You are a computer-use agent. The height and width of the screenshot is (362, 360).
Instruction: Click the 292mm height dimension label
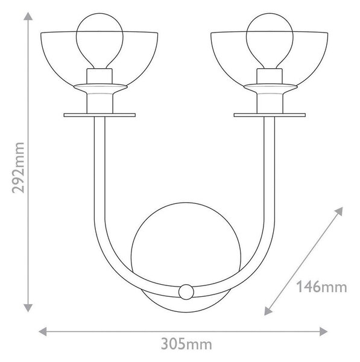[18, 168]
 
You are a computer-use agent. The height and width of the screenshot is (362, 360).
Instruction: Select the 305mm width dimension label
[186, 345]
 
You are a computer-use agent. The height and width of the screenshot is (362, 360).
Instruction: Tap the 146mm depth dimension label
[321, 287]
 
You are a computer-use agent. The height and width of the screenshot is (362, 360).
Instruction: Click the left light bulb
[99, 40]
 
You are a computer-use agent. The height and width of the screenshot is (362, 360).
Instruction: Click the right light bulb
[270, 40]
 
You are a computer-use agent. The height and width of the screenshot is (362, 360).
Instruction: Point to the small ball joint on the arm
[186, 292]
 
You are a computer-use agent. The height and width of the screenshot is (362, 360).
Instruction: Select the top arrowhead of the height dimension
[28, 16]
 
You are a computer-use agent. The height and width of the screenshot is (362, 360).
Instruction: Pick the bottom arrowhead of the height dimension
[28, 308]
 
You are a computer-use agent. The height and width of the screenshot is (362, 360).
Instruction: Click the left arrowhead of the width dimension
[42, 331]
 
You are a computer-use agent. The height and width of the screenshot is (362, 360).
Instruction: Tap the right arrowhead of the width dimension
[324, 331]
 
